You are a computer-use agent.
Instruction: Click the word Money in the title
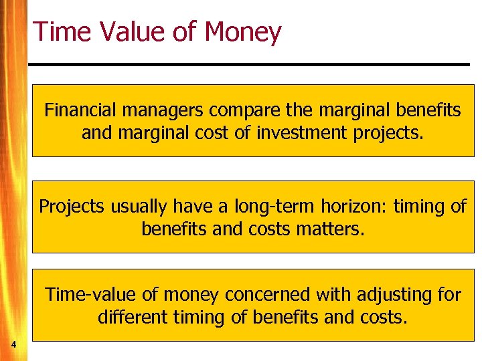244,32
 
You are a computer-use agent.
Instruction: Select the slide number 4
13,344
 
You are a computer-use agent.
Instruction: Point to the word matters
332,229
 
